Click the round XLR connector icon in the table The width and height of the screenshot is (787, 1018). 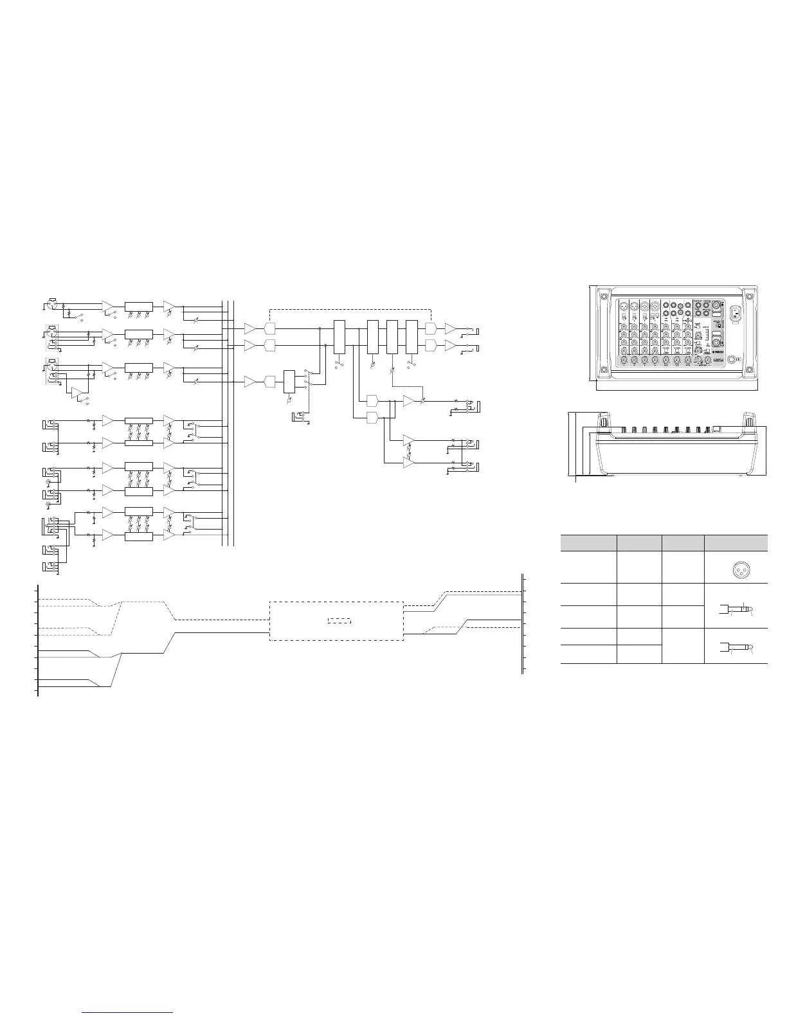click(736, 567)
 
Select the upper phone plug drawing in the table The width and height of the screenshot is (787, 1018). click(736, 606)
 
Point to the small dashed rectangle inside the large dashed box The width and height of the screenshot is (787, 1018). click(339, 621)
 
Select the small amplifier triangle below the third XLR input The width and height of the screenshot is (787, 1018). click(78, 391)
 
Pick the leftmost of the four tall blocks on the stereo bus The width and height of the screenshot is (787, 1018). click(340, 335)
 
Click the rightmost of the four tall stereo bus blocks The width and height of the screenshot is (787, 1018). click(412, 335)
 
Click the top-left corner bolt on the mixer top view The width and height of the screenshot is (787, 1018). click(603, 297)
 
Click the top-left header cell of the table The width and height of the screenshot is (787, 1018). click(588, 542)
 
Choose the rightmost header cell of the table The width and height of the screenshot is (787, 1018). click(736, 542)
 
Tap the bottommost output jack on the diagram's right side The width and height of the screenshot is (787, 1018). click(476, 466)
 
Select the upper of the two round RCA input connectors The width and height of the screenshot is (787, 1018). click(49, 467)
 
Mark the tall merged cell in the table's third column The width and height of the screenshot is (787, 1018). click(683, 645)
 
